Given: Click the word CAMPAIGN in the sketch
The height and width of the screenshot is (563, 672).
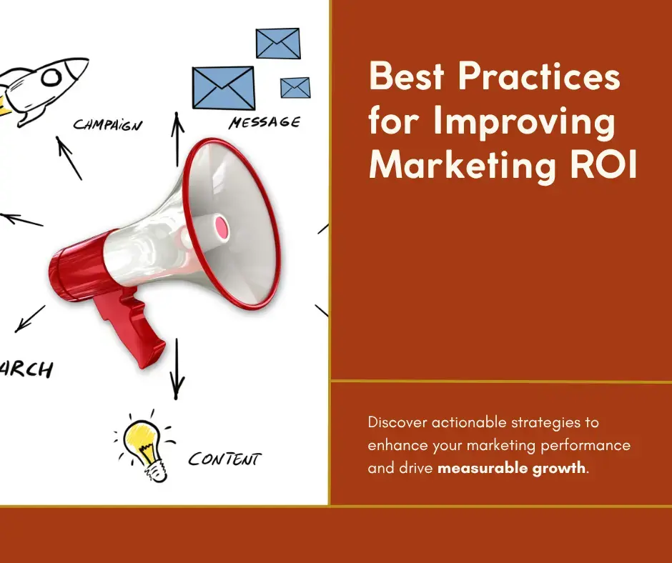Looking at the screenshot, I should (108, 126).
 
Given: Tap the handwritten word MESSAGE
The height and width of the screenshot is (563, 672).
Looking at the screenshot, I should (264, 123).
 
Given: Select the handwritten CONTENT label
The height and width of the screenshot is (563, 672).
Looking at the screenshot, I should (224, 458).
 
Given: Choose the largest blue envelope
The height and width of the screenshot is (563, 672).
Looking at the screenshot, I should (223, 88).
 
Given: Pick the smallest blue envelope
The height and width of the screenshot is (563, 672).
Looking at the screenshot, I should (295, 87).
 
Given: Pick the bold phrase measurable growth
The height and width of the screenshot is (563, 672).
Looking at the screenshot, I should (510, 469).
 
